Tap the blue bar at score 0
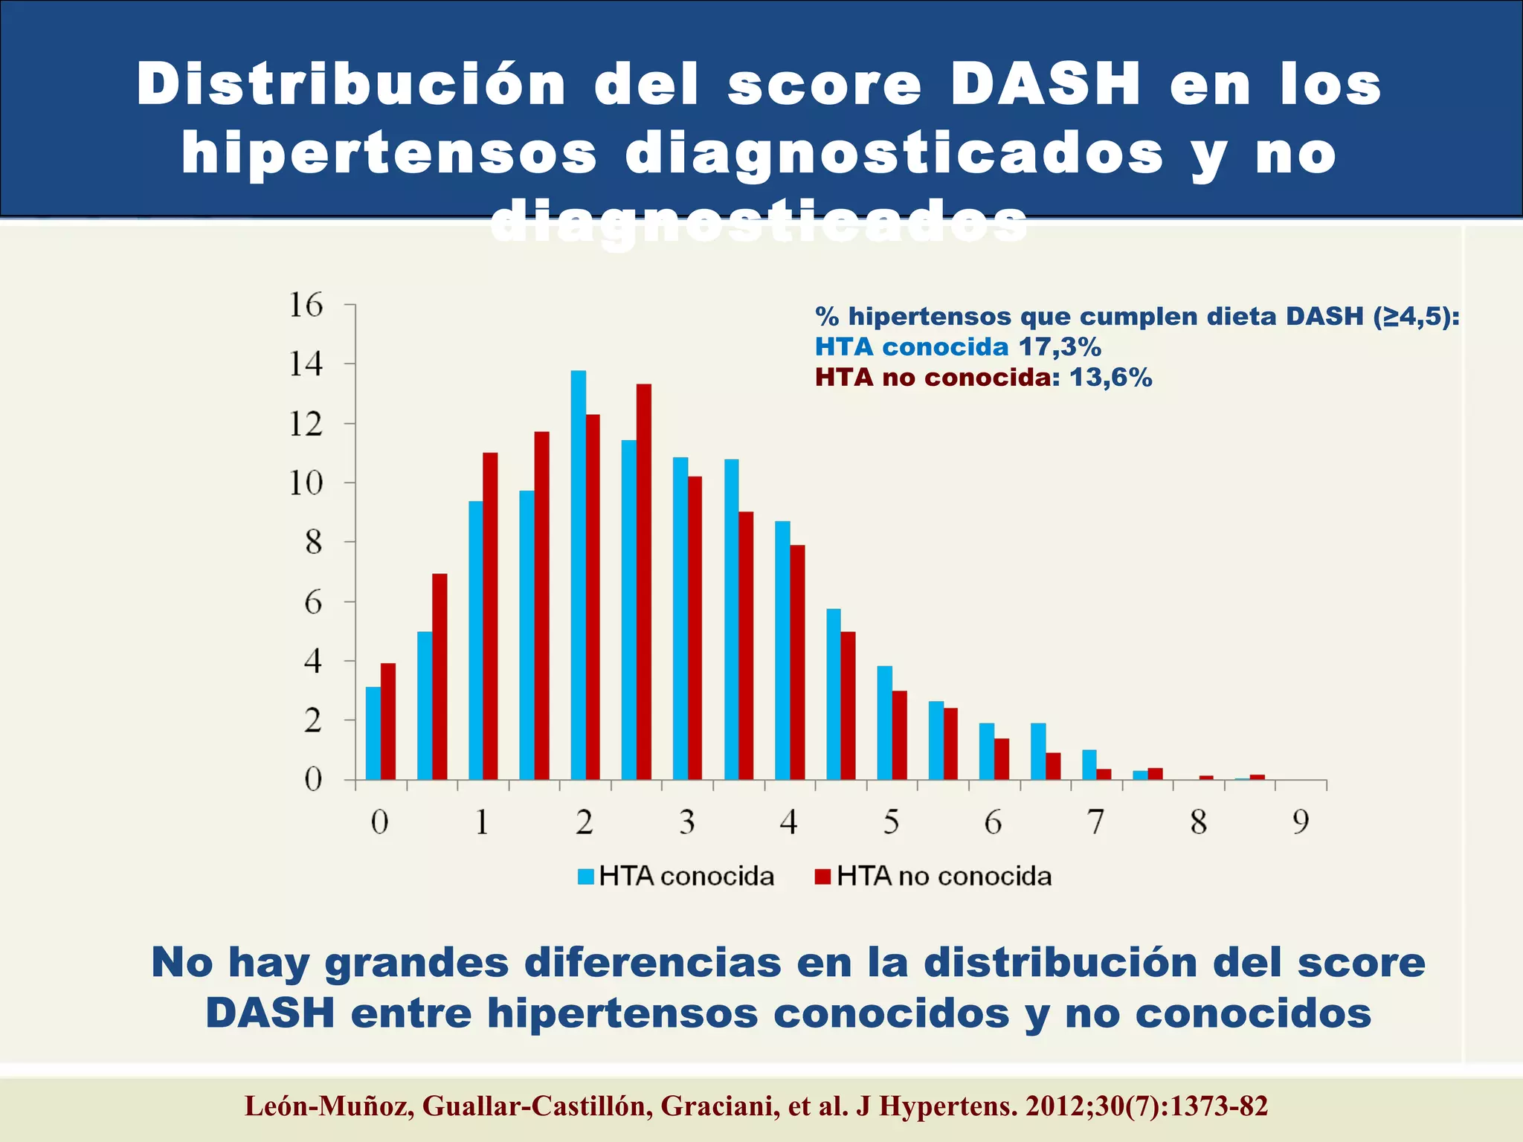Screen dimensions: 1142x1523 tap(373, 733)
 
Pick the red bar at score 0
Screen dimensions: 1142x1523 tap(388, 721)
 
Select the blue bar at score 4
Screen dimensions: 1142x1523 tap(782, 650)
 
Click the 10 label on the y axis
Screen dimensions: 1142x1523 tap(306, 483)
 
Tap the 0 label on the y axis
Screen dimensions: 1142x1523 tap(313, 779)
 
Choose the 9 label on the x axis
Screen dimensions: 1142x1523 tap(1300, 822)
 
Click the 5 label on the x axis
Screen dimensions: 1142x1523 tap(891, 822)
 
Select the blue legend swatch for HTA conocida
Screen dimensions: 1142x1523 tap(586, 877)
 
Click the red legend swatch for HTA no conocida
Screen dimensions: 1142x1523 tap(822, 877)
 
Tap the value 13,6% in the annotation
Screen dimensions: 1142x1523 tap(1111, 378)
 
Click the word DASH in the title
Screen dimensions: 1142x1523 tap(1046, 85)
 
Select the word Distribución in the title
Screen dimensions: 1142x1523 tap(352, 85)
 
